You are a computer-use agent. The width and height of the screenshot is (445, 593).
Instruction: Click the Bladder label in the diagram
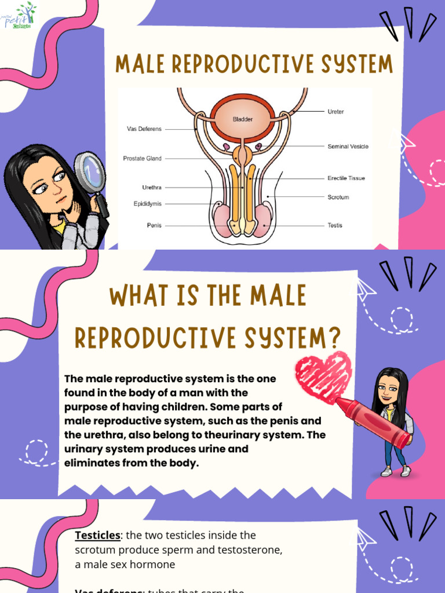243,119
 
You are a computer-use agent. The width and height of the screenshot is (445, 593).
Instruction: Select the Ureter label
335,112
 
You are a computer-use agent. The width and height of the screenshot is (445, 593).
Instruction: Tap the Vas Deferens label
144,129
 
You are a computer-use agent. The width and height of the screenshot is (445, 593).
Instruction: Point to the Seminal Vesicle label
348,147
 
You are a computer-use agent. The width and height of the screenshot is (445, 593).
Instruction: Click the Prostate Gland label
142,158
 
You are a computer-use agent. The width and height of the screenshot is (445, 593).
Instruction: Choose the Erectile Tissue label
346,178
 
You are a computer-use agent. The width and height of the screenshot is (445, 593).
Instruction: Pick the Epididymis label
147,204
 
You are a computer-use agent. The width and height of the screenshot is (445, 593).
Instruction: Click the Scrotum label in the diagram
338,197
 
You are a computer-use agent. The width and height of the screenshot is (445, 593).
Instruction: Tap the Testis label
335,225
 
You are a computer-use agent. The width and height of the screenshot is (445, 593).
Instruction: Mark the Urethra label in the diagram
152,188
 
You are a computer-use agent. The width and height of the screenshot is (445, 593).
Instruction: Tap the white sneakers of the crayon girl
396,471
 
